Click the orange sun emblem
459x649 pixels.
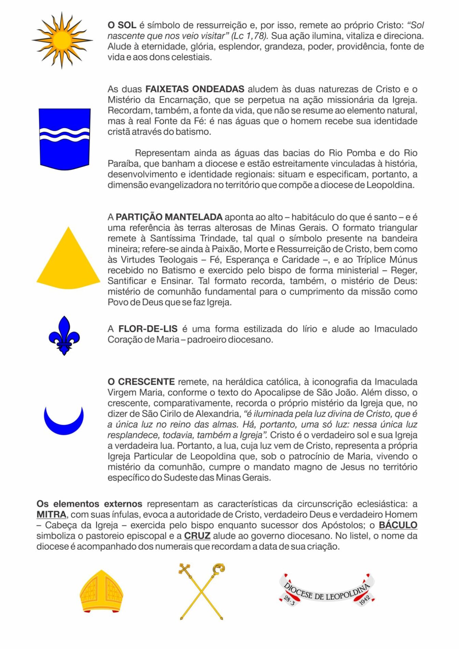pos(62,40)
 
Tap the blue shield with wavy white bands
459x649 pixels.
pos(65,138)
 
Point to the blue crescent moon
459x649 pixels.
pos(64,422)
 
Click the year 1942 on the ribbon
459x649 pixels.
pos(365,600)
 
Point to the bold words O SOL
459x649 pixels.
pos(122,25)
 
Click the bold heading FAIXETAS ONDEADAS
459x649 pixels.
pos(195,89)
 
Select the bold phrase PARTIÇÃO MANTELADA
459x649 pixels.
pos(169,217)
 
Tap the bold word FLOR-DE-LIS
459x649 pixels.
pos(148,329)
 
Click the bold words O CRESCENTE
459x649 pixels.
pos(141,382)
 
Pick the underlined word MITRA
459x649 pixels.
pos(51,514)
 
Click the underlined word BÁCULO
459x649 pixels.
pos(398,525)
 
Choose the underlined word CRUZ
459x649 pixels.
pos(197,536)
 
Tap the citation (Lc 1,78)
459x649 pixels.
pos(249,36)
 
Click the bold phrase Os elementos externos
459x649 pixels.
pos(89,504)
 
